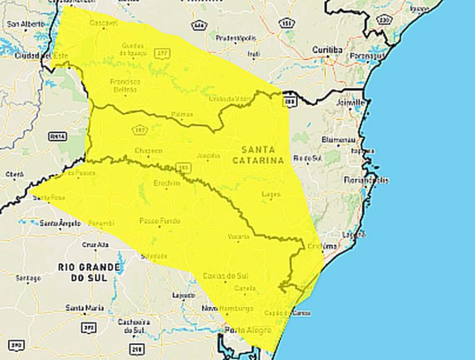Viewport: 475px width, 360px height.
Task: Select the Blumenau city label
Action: click(336, 140)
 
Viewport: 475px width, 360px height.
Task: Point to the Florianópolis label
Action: click(367, 180)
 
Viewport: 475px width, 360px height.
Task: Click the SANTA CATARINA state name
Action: click(258, 155)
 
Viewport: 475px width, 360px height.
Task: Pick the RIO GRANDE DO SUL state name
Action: click(88, 272)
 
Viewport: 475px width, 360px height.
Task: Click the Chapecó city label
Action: click(148, 150)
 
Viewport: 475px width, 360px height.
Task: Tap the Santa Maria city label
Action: click(85, 307)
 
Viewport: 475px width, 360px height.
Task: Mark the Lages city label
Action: click(271, 194)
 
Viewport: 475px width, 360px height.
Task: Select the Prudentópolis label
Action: click(236, 38)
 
